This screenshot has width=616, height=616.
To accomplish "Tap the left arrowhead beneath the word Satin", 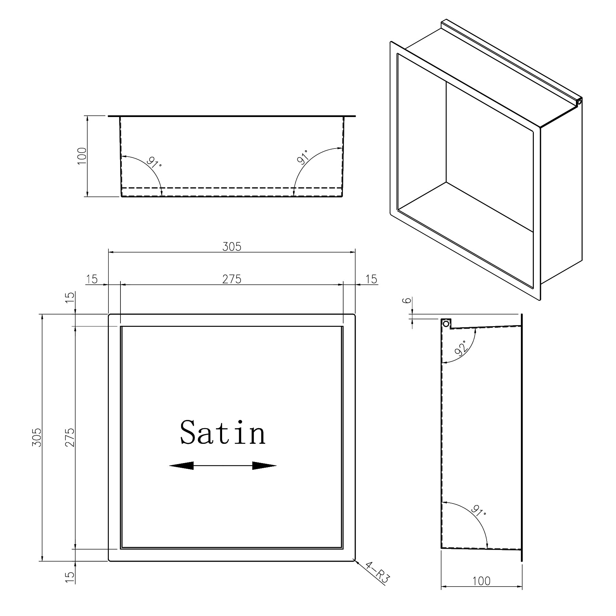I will pos(182,465).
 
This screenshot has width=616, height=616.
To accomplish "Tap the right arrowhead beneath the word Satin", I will pos(264,465).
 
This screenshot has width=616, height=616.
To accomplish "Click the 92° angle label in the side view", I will pos(461,348).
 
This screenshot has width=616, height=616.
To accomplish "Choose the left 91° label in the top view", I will pos(154,162).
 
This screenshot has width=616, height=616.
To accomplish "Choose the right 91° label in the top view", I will pos(303,157).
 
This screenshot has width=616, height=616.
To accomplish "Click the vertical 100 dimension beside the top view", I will pos(82,156).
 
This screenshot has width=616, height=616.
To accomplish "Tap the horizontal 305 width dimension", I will pos(232,246).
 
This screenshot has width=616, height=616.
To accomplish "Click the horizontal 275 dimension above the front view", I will pos(232,279).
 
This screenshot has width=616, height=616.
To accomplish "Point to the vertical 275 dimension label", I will pos(70,437).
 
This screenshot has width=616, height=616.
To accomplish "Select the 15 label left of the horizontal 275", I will pos(92,279).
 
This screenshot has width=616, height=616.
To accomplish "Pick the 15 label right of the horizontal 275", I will pos(371,279).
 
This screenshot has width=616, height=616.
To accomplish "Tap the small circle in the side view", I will pos(446,323).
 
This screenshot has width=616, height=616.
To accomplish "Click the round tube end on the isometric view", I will pos(579,102).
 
